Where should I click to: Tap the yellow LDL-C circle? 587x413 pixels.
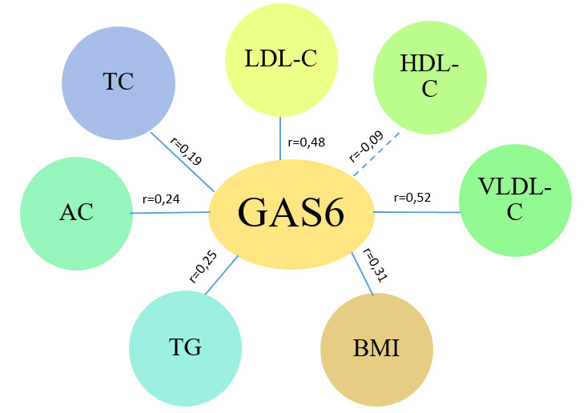tap(280, 61)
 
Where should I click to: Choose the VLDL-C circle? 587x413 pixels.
tap(515, 200)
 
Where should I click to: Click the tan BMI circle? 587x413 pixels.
tap(376, 351)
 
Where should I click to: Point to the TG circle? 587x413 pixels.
tap(185, 349)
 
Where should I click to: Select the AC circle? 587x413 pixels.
tap(76, 212)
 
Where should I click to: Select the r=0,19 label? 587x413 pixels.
tap(187, 150)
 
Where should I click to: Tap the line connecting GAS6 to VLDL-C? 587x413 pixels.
tap(416, 212)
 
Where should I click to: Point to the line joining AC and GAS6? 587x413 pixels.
tap(170, 213)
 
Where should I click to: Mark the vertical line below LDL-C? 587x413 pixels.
tap(280, 137)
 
